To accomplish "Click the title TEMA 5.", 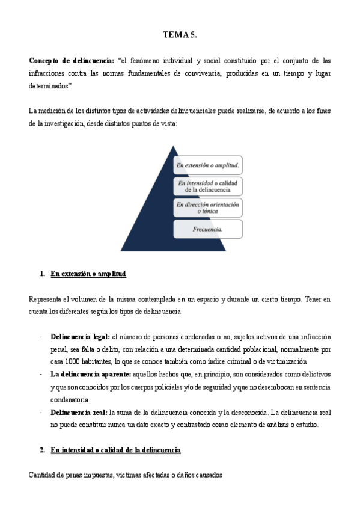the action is (180, 36).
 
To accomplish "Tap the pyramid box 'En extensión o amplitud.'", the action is (207, 164).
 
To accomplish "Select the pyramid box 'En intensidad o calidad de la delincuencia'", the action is (207, 185).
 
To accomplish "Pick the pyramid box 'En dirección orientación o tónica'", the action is (207, 207).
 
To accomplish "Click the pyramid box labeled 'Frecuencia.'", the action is (207, 229).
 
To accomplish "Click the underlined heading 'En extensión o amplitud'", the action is (88, 274).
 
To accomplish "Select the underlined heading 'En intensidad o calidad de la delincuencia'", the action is (115, 450).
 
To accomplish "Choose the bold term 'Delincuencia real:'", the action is (79, 412).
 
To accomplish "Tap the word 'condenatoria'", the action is (70, 399).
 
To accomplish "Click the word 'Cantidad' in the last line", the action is (42, 475).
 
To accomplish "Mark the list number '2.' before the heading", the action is (43, 450).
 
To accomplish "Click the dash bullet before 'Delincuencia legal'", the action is (40, 336).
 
